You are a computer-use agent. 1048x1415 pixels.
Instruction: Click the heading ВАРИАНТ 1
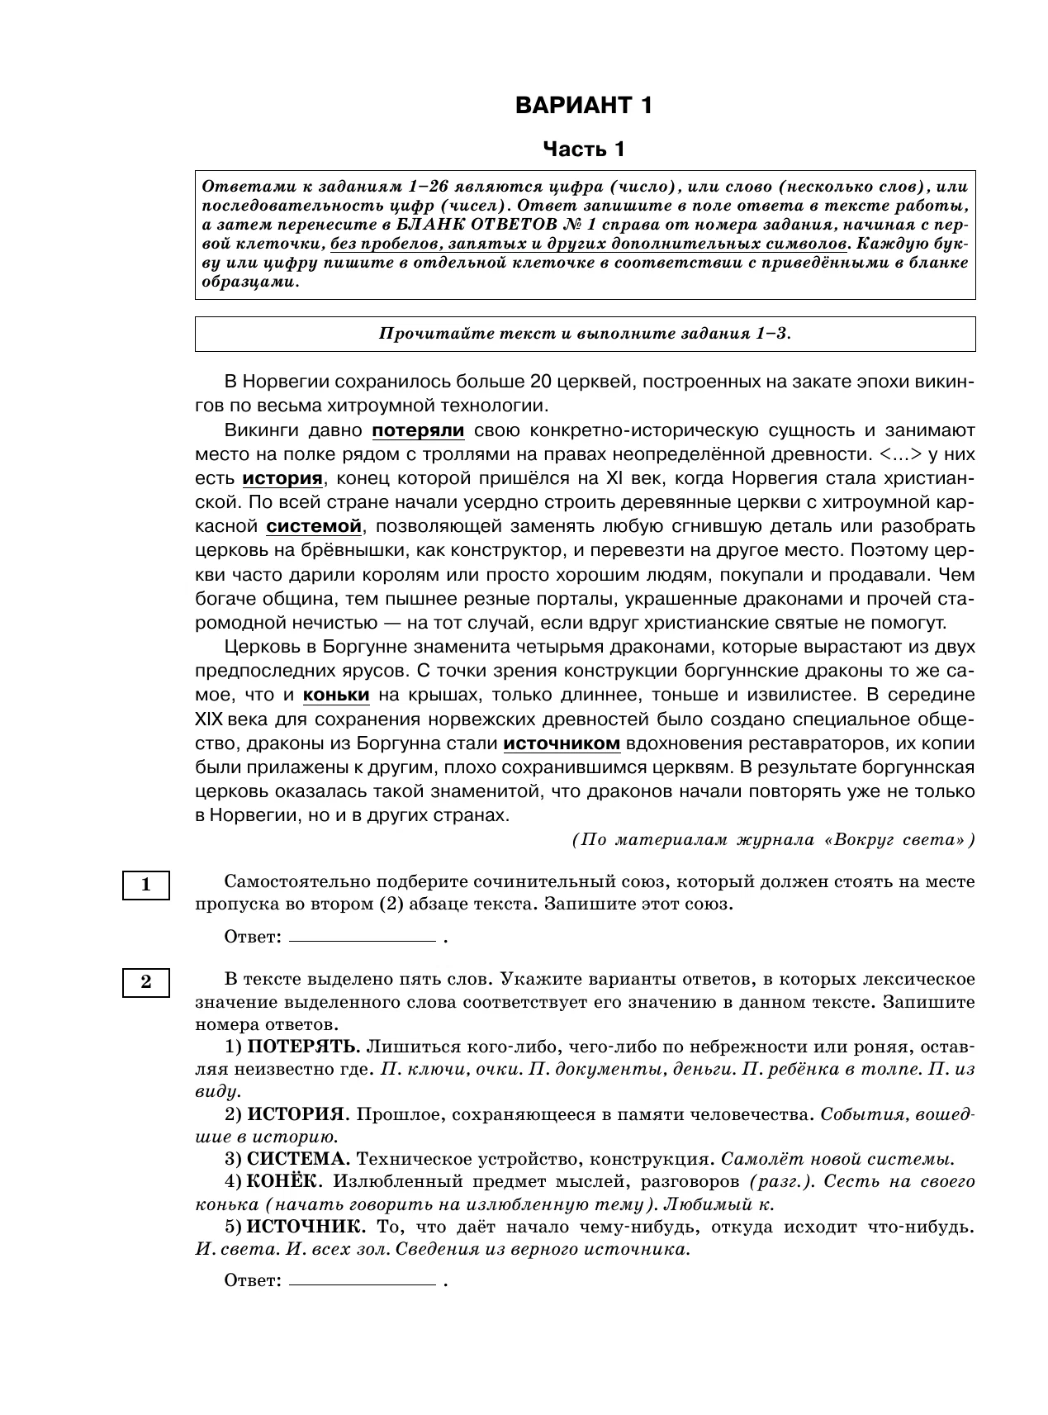(x=584, y=106)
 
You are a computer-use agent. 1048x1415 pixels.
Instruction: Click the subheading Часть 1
(x=584, y=150)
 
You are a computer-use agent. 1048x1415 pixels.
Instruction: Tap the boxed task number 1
(x=146, y=885)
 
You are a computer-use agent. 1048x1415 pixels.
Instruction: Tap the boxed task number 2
(x=146, y=982)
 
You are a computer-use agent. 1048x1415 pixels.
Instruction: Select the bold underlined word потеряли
(x=418, y=430)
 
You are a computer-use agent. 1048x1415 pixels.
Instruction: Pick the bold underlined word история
(x=282, y=478)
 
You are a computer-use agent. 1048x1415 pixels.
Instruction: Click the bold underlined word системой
(x=314, y=526)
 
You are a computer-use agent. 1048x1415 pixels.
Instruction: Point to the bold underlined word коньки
(x=336, y=695)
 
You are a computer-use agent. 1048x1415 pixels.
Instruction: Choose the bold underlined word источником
(x=562, y=743)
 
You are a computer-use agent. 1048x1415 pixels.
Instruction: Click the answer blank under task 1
(x=363, y=938)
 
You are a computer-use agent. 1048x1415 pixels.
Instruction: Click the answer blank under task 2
(x=363, y=1283)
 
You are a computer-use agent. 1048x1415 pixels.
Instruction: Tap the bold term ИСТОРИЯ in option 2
(x=296, y=1115)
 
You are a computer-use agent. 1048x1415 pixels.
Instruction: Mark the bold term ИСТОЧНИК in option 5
(x=303, y=1226)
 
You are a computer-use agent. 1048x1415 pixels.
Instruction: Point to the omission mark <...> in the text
(x=898, y=454)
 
